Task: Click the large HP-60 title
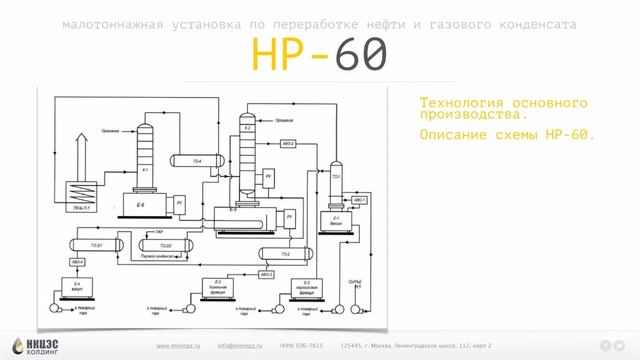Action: tap(318, 56)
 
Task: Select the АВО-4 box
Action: tap(77, 263)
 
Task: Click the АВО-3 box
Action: tap(267, 274)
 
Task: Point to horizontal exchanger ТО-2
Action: tap(284, 254)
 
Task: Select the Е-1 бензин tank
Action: tap(337, 221)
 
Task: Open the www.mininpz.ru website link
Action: tap(178, 346)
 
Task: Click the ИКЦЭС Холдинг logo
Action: tap(36, 341)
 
